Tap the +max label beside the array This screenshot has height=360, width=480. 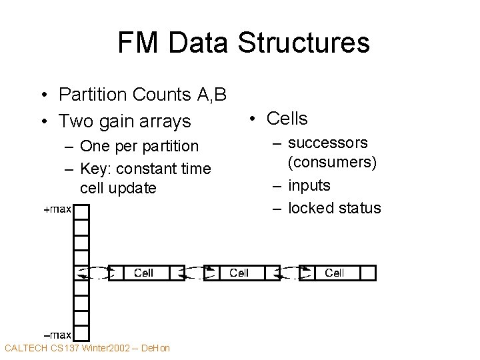pos(57,210)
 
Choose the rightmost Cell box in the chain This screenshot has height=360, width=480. pos(334,273)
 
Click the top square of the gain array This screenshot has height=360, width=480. pos(81,212)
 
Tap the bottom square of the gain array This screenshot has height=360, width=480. pos(81,333)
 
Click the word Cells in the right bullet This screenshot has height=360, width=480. pos(287,119)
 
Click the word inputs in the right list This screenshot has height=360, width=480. pos(309,185)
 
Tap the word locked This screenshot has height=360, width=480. pos(310,208)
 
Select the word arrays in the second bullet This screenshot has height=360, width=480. pos(164,121)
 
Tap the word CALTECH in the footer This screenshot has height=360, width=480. pos(25,348)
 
